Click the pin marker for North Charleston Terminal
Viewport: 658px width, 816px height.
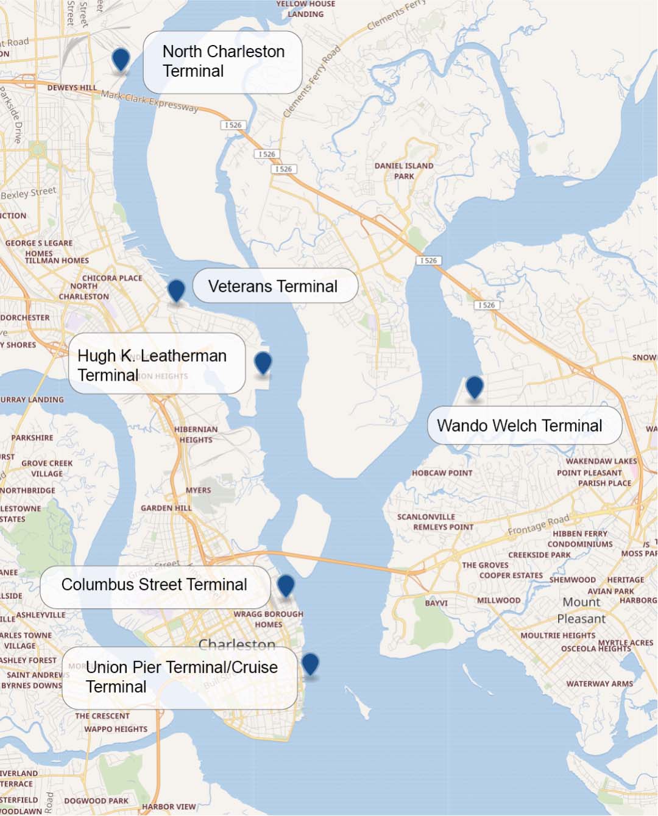point(121,60)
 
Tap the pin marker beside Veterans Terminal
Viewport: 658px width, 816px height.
point(176,290)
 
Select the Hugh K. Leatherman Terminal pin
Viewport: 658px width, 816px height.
point(263,362)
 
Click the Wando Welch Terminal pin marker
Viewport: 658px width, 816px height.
point(475,387)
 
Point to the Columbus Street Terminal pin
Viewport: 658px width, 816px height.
point(286,585)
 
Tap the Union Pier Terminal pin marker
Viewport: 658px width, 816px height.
point(310,663)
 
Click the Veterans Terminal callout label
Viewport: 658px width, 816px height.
point(275,286)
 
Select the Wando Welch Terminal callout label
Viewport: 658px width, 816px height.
point(524,426)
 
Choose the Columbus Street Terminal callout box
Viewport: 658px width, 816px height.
point(155,585)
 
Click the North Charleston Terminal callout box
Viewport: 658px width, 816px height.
point(223,62)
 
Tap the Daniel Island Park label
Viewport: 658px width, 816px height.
point(404,171)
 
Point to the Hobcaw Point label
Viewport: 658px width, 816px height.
point(442,473)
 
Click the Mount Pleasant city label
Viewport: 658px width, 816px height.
point(581,610)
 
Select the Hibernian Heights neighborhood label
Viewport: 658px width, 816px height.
point(196,434)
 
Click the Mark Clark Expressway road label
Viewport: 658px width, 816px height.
point(149,102)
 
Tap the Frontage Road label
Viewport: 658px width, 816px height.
point(539,525)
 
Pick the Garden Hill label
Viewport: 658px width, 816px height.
point(166,508)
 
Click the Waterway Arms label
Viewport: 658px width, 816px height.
point(600,684)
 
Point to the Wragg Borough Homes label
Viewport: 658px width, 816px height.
point(268,619)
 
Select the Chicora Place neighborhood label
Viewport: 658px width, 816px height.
point(112,278)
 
